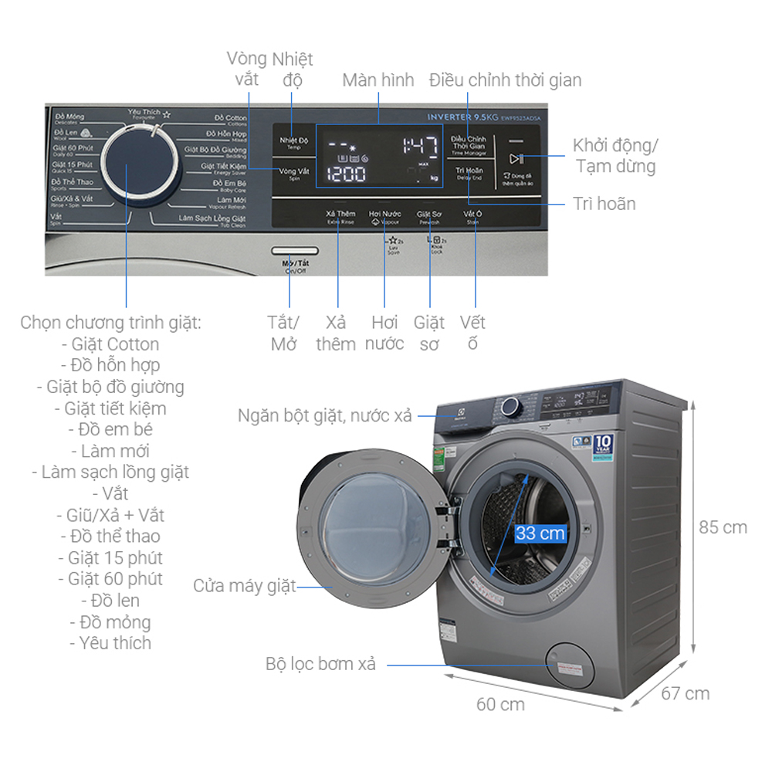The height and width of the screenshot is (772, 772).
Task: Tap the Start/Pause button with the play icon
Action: tap(516, 159)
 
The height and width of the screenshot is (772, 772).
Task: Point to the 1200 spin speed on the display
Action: tap(346, 174)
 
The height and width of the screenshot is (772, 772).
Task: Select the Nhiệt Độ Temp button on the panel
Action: tap(294, 142)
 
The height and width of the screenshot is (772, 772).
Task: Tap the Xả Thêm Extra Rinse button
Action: tap(340, 215)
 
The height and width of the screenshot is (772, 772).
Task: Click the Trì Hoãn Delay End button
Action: tap(469, 174)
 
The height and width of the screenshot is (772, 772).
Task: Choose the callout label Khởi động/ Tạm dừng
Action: tap(615, 156)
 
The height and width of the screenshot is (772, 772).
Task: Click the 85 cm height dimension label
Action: tap(723, 528)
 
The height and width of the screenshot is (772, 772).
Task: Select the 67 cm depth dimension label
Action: tap(685, 693)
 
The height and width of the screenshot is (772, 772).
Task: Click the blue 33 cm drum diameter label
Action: tap(540, 533)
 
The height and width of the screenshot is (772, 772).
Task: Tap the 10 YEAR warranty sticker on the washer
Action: tap(602, 445)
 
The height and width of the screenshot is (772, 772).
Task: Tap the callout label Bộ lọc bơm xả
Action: tap(320, 664)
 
